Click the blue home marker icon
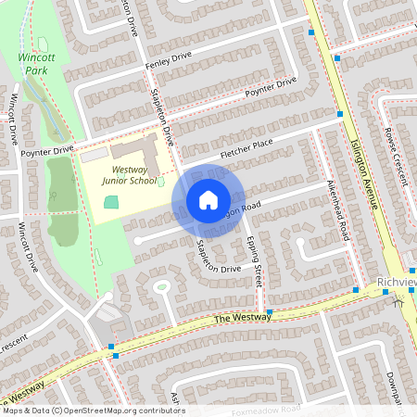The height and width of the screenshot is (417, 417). coord(208,200)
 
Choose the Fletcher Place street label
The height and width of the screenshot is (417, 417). coord(246,147)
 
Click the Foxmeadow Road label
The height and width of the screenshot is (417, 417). coord(267,409)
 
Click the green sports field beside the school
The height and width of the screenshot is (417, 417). coord(111,202)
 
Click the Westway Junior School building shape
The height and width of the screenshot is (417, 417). coord(134,149)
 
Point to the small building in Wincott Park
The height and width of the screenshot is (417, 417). coord(43,44)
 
